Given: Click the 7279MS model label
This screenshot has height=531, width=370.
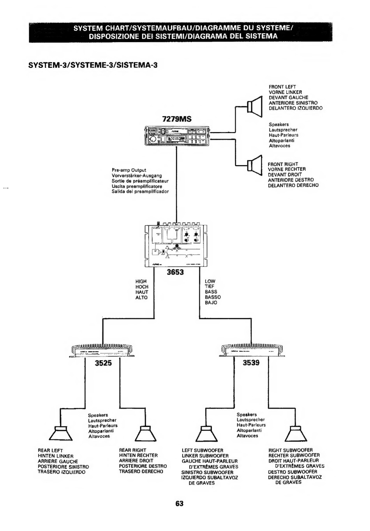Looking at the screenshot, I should pos(177,119).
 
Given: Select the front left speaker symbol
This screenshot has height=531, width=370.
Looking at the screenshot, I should pos(254,106).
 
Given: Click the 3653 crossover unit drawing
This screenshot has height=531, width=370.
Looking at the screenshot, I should pos(176,245).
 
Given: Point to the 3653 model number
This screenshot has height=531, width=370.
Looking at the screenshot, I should pos(175,272).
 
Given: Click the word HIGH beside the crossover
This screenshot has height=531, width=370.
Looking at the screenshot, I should pos(141,281).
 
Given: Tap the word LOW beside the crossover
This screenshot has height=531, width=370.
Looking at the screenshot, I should pos(210,281).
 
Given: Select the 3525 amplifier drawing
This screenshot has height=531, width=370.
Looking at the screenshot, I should pos(102,351).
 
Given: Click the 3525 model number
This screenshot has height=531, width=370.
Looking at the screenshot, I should pos(103,363).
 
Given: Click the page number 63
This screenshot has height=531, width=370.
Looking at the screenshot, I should pos(179,503).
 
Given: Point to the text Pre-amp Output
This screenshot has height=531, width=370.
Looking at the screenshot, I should pos(129,170).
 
